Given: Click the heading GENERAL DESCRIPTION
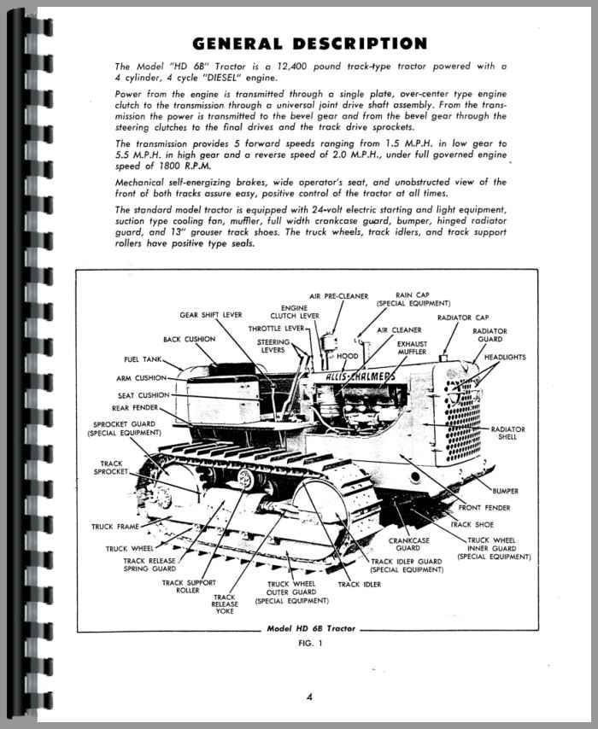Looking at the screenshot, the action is click(309, 44).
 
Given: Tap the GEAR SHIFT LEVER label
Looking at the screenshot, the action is click(211, 315).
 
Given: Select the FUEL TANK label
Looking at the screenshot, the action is click(143, 359).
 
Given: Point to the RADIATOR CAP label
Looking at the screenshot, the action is click(463, 318).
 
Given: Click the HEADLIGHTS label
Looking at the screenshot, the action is click(505, 357).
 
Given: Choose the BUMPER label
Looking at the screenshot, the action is click(505, 491).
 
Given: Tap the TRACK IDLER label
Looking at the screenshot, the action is click(360, 585).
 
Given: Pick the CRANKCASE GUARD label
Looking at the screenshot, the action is click(408, 545).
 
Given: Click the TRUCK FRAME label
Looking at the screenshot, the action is click(115, 527).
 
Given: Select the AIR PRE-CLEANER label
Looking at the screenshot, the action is click(338, 296).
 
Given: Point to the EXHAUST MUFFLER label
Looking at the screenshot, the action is click(412, 347).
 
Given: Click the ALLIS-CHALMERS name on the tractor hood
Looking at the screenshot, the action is click(361, 376).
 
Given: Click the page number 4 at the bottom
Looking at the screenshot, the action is click(309, 697).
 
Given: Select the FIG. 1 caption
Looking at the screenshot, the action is click(310, 644).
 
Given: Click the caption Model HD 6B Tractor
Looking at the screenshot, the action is click(311, 628).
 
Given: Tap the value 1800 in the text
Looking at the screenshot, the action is click(169, 166).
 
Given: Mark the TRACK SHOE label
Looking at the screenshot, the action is click(472, 524).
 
